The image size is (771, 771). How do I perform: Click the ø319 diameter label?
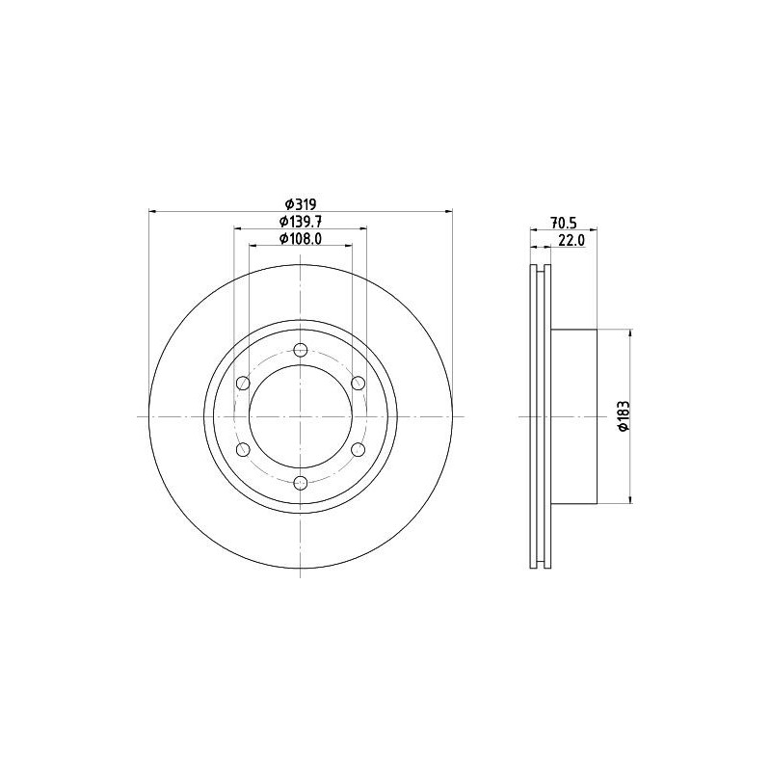pyautogui.click(x=300, y=203)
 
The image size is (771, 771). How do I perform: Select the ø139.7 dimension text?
pyautogui.click(x=301, y=222)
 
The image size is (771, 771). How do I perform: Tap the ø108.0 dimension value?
pyautogui.click(x=301, y=238)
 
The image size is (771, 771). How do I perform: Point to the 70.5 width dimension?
pyautogui.click(x=564, y=223)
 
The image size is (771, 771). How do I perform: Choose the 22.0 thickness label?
pyautogui.click(x=572, y=240)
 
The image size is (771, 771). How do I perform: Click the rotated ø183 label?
pyautogui.click(x=624, y=416)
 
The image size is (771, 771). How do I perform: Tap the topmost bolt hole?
pyautogui.click(x=301, y=350)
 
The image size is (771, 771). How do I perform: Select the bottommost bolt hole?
pyautogui.click(x=301, y=483)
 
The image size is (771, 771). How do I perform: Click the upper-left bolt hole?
pyautogui.click(x=243, y=383)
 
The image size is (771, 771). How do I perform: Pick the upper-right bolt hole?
pyautogui.click(x=359, y=383)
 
